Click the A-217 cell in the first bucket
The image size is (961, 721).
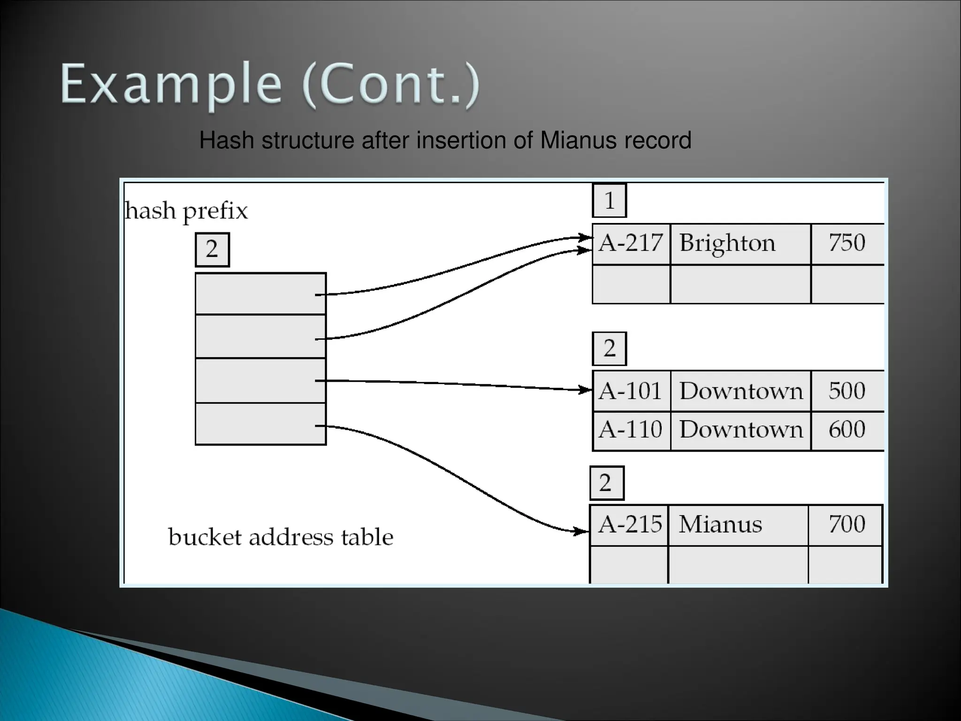[x=631, y=244]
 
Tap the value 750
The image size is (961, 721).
[x=847, y=243]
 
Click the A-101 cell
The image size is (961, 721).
[x=631, y=391]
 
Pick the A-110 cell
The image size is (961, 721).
[x=631, y=430]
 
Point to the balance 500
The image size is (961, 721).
[x=847, y=391]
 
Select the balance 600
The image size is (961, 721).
[x=847, y=430]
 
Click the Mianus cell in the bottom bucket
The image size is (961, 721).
[x=720, y=524]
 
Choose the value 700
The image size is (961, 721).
[x=847, y=524]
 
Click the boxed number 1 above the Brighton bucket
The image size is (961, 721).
[x=609, y=201]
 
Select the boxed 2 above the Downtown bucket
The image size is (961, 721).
[x=609, y=349]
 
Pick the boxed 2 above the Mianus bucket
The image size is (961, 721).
[x=606, y=483]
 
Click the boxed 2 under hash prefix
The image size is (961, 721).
[x=212, y=249]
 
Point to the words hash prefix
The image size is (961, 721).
[x=186, y=211]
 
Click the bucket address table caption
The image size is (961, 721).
[x=281, y=537]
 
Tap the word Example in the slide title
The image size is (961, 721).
[x=171, y=84]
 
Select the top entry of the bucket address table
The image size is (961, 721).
[x=260, y=294]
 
